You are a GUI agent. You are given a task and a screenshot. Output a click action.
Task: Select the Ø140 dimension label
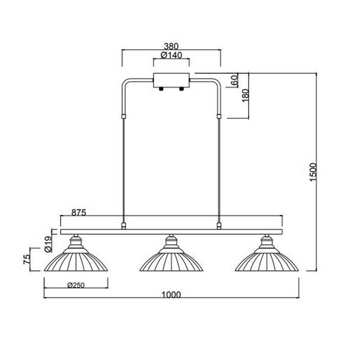(172, 55)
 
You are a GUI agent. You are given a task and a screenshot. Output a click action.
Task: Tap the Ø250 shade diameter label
(76, 284)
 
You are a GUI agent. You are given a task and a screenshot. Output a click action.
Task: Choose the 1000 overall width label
(172, 295)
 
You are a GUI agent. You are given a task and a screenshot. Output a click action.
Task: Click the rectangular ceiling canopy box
(172, 80)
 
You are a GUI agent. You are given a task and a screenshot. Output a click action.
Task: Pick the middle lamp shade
(171, 261)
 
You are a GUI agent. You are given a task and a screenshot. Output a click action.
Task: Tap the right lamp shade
(267, 261)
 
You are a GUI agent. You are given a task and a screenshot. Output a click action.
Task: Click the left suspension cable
(123, 168)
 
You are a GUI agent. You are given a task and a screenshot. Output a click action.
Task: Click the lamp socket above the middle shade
(171, 242)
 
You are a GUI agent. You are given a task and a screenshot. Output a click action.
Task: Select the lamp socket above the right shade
(267, 242)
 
